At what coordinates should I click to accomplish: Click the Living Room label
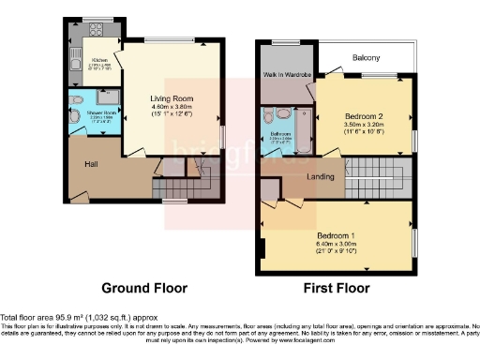point(172,97)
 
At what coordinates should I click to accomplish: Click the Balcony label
point(366,57)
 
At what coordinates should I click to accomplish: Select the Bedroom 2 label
point(364,116)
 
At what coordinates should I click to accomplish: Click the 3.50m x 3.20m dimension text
point(364,125)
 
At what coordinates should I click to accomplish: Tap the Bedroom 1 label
point(335,232)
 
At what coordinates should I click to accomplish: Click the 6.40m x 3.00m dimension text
point(335,241)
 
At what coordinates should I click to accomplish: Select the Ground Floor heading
point(144,288)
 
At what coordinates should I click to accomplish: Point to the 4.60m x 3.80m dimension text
point(172,106)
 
